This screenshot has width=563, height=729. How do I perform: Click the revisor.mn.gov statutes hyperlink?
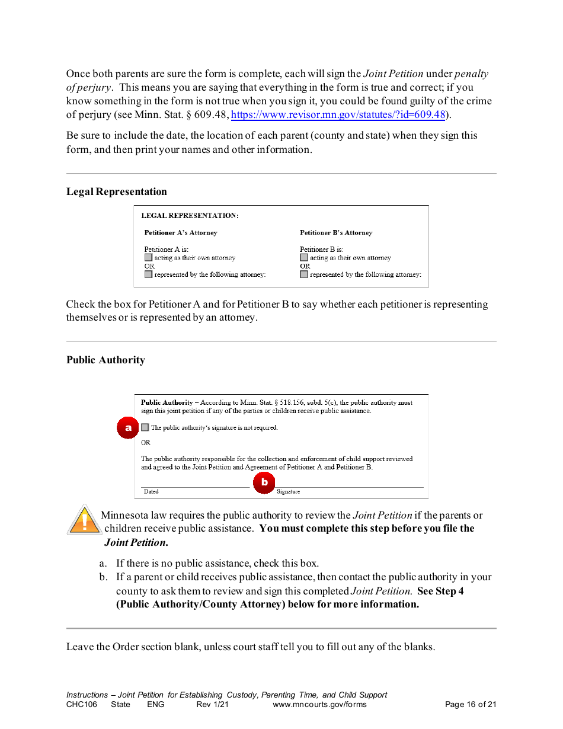[338, 115]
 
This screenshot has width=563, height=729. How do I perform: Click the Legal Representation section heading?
[117, 192]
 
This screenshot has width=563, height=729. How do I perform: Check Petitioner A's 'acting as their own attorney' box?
[148, 258]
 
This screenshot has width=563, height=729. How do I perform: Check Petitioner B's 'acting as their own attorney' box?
[304, 258]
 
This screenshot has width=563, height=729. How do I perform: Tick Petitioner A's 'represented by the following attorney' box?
[148, 274]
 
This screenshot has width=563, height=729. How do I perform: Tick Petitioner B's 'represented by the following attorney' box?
[304, 274]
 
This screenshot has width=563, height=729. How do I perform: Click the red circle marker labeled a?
[128, 427]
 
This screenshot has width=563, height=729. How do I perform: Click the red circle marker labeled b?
[264, 482]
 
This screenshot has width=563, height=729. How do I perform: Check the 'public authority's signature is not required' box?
[145, 427]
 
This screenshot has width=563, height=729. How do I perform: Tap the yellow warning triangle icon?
[84, 520]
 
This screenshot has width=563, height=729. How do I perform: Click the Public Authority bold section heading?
[105, 360]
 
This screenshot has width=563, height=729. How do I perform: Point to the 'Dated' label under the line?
[151, 492]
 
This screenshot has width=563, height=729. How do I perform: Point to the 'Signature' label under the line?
[289, 492]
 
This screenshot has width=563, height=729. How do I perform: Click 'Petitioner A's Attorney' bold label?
[181, 233]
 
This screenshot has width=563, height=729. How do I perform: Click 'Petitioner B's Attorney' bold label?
[336, 233]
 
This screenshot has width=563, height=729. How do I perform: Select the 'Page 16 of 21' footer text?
[471, 705]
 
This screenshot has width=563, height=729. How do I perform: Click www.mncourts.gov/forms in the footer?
[319, 705]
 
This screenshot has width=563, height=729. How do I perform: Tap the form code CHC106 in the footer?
[82, 705]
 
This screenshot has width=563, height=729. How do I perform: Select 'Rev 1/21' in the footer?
[212, 705]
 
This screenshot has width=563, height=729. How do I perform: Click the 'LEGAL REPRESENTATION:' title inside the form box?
[190, 216]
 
